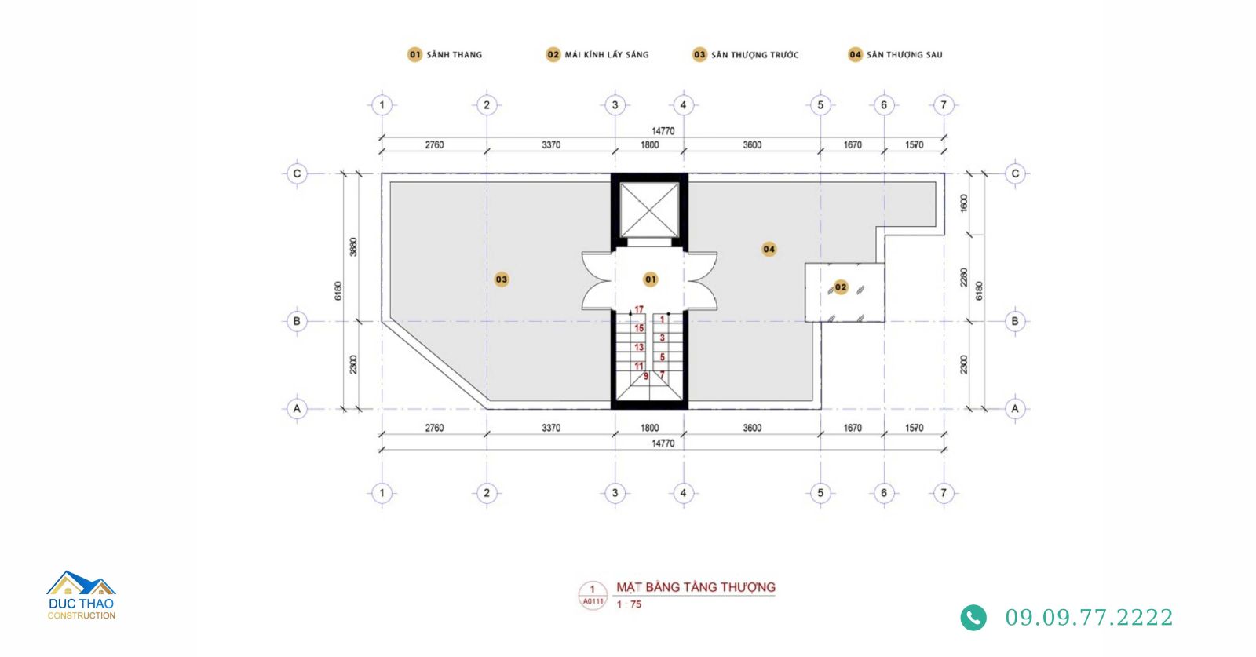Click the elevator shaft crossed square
pos(649,210)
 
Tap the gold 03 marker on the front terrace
pos(502,279)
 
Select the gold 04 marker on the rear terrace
pos(769,249)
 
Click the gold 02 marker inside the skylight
pos(841,287)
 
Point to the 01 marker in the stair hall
pos(651,279)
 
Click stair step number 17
pos(639,310)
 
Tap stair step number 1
pos(663,319)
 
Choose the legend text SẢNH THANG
pos(455,55)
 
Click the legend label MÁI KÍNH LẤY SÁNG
pos(607,55)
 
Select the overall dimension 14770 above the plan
pos(663,131)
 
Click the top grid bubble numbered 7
pos(944,105)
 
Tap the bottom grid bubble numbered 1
pos(382,493)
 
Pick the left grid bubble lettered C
pos(297,173)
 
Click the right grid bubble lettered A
pos(1015,409)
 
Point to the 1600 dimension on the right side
pos(964,203)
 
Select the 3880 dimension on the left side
pos(352,247)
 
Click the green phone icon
pos(973,618)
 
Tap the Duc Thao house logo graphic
pos(82,583)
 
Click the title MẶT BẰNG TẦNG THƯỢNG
pos(696,587)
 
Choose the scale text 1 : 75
pos(629,605)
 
